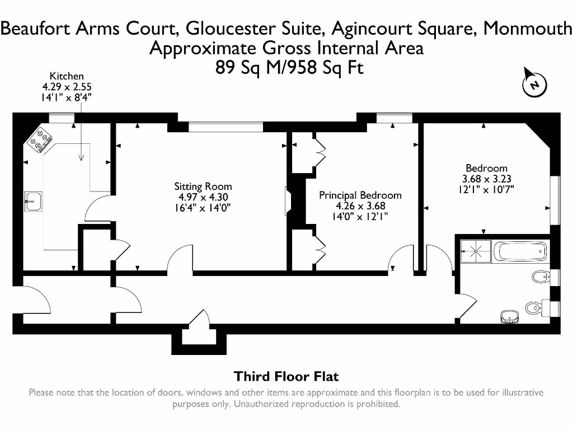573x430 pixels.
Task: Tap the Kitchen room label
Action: click(67, 76)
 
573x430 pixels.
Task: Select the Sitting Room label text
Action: click(203, 186)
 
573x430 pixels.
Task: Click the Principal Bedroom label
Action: click(360, 195)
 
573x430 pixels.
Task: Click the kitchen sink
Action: click(32, 201)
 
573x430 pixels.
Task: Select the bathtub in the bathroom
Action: click(520, 251)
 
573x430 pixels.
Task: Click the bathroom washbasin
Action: click(509, 317)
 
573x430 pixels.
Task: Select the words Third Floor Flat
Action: click(286, 376)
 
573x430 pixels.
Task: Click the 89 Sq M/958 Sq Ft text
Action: click(289, 68)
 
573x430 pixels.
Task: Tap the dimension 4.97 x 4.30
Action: click(203, 197)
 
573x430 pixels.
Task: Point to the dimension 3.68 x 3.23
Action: click(486, 179)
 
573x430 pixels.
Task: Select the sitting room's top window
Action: click(225, 128)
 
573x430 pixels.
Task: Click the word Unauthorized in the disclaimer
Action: click(261, 404)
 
